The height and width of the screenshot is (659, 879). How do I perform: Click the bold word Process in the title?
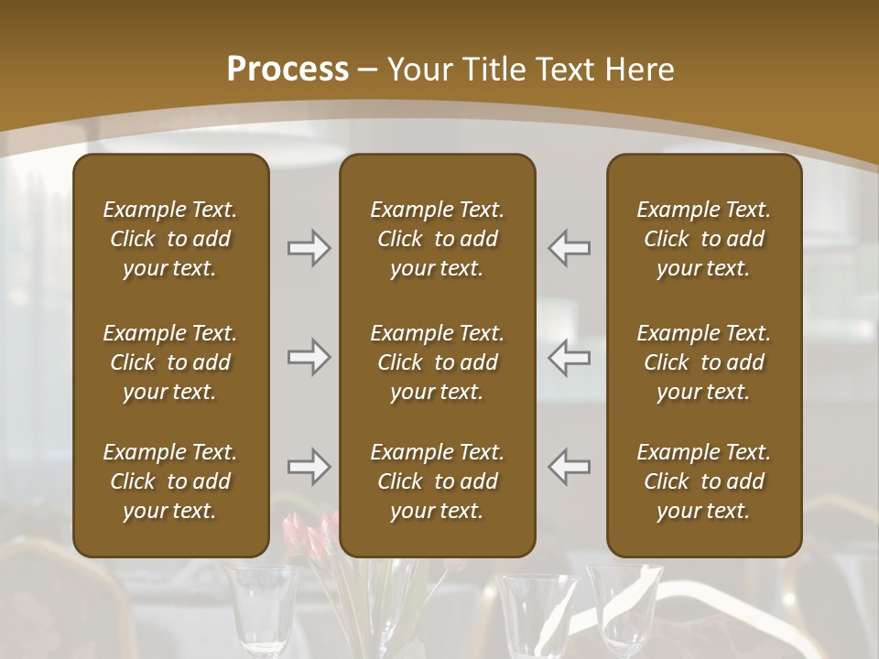click(288, 70)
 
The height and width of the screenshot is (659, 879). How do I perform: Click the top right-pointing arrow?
click(309, 248)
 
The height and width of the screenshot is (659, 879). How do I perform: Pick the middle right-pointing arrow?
click(309, 357)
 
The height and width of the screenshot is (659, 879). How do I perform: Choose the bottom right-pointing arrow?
click(309, 467)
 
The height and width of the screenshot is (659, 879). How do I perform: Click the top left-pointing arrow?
click(569, 248)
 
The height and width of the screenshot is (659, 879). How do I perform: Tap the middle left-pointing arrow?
click(569, 357)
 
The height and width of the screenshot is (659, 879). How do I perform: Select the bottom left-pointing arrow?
click(569, 467)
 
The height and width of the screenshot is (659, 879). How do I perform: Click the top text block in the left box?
click(170, 239)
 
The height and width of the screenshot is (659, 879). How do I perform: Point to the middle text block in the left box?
click(170, 362)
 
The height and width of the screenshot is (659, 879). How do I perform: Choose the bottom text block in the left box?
click(170, 481)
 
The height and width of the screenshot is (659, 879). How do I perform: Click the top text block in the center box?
click(437, 239)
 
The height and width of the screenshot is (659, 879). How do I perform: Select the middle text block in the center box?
click(437, 362)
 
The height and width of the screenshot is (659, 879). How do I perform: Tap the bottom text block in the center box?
click(437, 481)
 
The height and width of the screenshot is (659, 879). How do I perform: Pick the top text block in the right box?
click(703, 239)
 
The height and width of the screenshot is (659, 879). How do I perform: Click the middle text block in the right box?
click(703, 362)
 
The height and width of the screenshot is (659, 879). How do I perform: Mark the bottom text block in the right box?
click(703, 481)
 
